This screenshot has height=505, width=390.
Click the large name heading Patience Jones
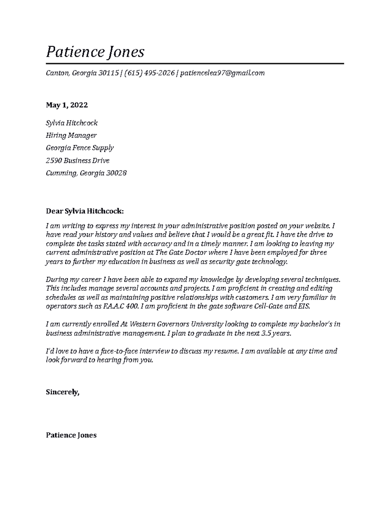coord(95,52)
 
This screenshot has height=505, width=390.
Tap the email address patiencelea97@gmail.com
coord(222,73)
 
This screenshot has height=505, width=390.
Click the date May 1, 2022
coord(67,105)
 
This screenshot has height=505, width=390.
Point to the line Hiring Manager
coord(71,135)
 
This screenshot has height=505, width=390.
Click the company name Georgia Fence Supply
coord(80,148)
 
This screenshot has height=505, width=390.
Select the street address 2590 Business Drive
coord(78,160)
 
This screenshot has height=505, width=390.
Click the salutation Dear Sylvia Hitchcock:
coord(85,211)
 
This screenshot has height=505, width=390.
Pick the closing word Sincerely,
coord(62,392)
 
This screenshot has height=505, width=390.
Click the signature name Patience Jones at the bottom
coord(71,435)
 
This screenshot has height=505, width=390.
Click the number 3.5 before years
coord(266,333)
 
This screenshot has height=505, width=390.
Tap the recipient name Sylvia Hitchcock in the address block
coord(71,123)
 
